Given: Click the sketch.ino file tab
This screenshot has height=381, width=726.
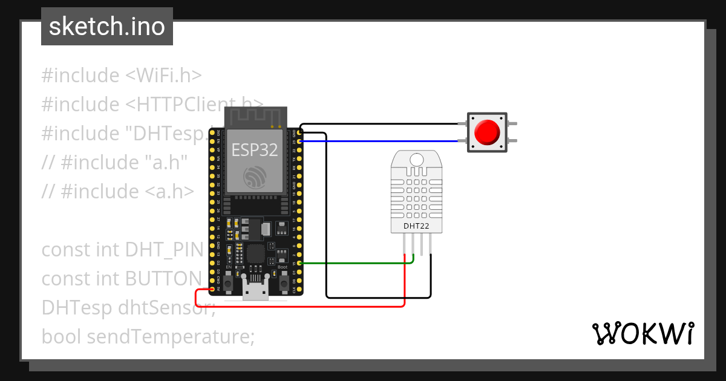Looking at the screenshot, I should pos(107,27).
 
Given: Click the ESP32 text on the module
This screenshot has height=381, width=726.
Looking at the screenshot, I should pos(255,150).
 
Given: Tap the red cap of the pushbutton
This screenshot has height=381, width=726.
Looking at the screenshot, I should pos(487,132).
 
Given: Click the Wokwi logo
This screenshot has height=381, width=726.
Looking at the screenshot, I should pos(643,333).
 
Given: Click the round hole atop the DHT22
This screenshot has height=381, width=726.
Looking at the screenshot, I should pos(416,160).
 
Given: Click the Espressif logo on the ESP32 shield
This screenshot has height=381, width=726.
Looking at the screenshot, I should pos(255,177).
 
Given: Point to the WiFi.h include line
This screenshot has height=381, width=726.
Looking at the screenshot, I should pos(121,76).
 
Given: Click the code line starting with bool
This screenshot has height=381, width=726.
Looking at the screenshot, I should pos(148,336).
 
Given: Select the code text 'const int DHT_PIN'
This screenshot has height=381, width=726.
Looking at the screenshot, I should pos(121,249).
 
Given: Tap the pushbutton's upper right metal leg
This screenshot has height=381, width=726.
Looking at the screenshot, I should pos(512,124).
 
